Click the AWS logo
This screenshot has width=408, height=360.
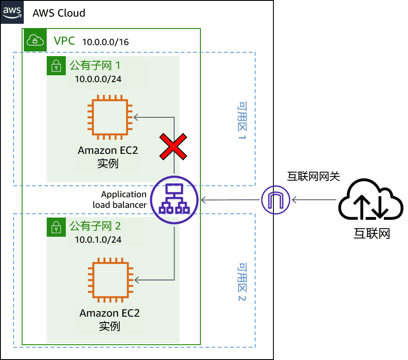tap(12, 12)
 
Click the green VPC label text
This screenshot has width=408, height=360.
tap(64, 41)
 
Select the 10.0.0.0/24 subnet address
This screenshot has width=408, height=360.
tap(98, 79)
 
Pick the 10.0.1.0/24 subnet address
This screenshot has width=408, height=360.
tap(98, 240)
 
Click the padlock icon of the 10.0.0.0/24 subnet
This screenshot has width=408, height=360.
tap(56, 67)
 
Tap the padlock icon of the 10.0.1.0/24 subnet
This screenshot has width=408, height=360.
tap(56, 227)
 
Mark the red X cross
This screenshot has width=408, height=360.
tap(172, 147)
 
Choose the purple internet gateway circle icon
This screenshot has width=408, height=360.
tap(275, 200)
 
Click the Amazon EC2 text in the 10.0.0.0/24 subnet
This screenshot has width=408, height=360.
tap(108, 150)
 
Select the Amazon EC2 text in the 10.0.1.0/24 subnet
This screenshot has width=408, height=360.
tap(110, 313)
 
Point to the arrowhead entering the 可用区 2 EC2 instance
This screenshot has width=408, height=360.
tap(138, 280)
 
